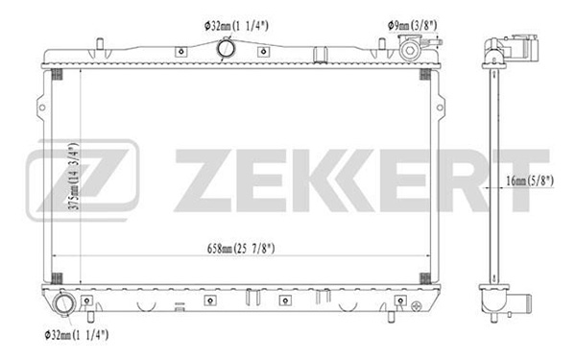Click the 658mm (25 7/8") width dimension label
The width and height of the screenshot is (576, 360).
point(241,249)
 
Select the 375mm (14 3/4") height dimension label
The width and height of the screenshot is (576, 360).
point(74,177)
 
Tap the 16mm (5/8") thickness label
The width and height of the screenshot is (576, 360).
point(530,180)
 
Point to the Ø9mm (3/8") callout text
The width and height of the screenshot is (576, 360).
point(412,25)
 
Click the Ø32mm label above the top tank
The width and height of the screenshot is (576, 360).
point(236,26)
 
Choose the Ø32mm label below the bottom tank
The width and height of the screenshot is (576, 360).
point(77,335)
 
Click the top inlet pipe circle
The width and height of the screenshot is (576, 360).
point(226,48)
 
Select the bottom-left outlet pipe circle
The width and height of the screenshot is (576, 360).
point(64,303)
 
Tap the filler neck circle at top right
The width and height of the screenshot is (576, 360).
point(410,50)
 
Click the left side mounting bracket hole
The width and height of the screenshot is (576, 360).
point(42,108)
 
